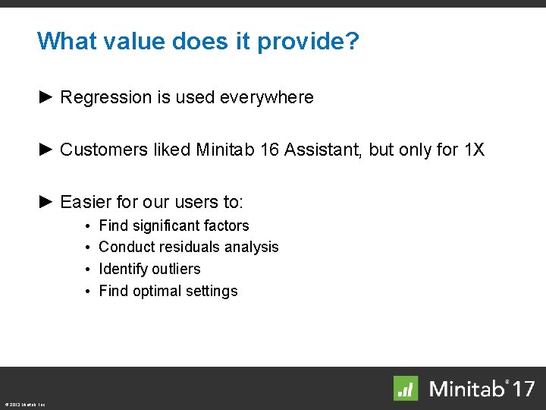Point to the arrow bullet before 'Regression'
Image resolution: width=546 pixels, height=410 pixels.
[45, 97]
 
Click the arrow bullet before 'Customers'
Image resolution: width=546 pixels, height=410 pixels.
[45, 150]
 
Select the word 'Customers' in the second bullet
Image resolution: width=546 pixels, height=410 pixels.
[96, 150]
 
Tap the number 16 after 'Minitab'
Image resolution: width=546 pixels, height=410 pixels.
[269, 150]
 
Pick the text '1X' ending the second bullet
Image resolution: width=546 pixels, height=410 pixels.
[474, 150]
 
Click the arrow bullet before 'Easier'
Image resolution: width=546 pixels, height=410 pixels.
[45, 202]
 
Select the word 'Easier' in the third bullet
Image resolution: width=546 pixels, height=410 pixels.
[84, 202]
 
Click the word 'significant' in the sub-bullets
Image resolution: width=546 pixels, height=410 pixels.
[164, 225]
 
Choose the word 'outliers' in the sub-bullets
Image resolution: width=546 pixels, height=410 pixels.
[176, 269]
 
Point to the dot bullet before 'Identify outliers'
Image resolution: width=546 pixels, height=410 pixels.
[89, 270]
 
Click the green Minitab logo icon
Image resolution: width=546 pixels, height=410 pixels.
[406, 388]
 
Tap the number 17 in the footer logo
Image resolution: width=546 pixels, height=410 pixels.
[522, 389]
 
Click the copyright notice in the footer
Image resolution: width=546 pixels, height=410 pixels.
[24, 405]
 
